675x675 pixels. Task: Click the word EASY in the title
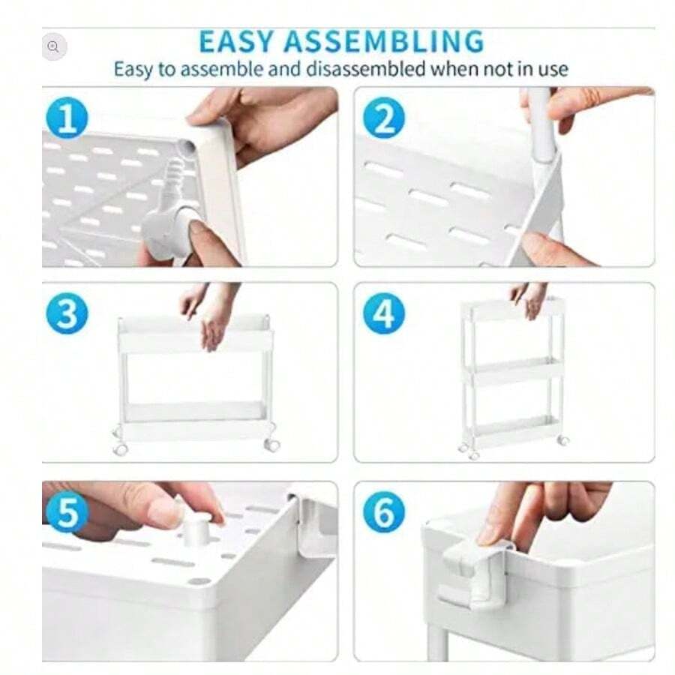(238, 40)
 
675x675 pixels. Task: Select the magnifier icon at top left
(52, 46)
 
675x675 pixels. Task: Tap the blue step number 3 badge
(67, 315)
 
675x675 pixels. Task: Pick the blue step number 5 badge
(67, 514)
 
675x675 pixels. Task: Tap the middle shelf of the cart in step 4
(513, 371)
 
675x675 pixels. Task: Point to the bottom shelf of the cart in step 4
(513, 431)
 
